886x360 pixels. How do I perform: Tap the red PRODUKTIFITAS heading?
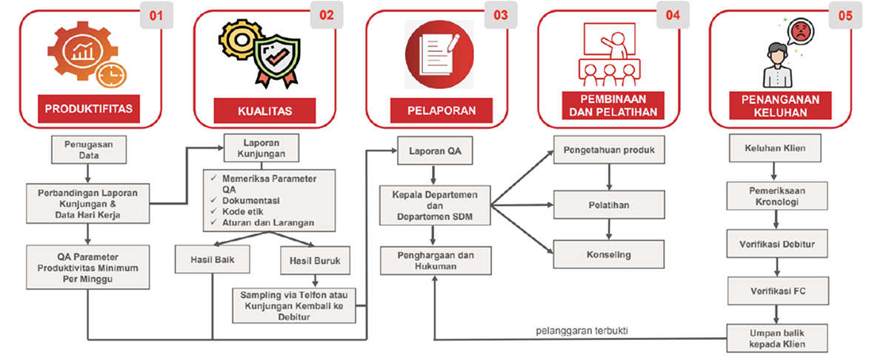click(x=89, y=109)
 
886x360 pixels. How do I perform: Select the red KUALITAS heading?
click(x=264, y=111)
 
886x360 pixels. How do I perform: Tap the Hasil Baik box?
click(x=211, y=260)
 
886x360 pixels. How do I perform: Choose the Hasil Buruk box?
click(x=316, y=260)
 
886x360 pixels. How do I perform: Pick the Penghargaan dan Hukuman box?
click(x=431, y=260)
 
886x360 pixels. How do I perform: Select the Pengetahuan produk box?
click(x=609, y=153)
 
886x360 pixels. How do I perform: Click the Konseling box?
click(x=609, y=254)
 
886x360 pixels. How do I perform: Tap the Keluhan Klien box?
click(x=775, y=147)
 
